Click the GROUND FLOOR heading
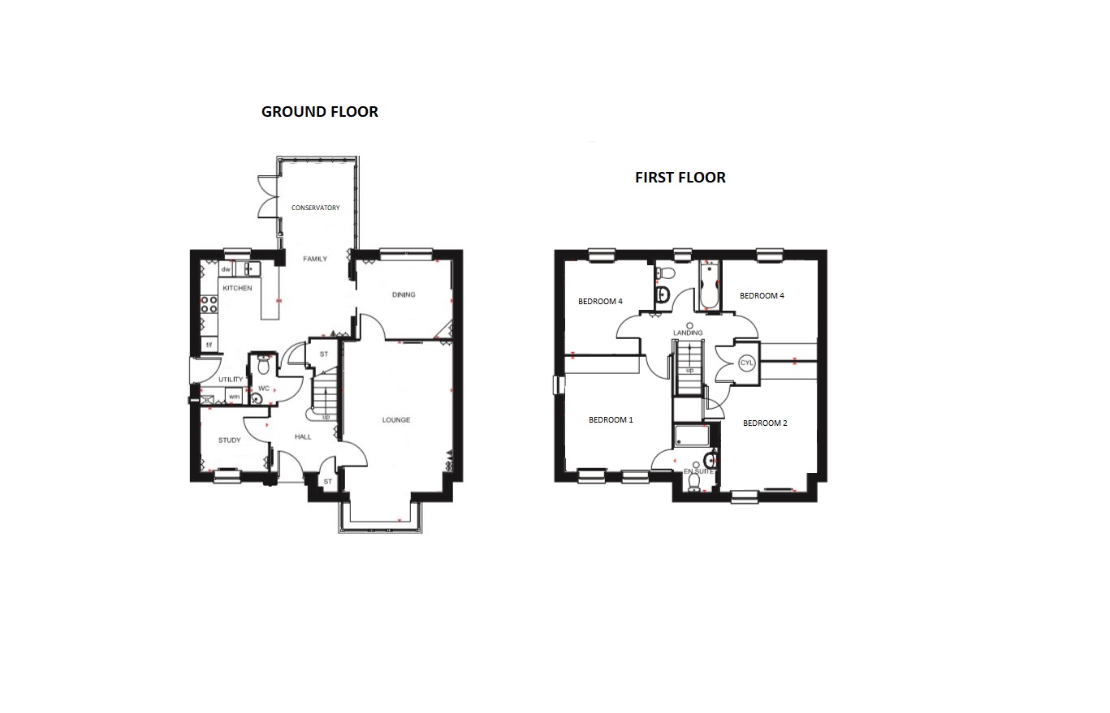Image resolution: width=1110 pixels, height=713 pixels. tap(320, 112)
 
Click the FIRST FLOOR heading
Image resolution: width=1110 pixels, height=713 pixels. tap(680, 178)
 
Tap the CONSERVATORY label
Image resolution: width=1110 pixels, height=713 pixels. tap(316, 208)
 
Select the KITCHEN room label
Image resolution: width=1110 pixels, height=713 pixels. tap(237, 288)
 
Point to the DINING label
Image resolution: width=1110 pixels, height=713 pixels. tap(404, 294)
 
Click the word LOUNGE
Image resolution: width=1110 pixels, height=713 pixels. tap(396, 420)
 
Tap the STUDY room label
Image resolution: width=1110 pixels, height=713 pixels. tap(230, 440)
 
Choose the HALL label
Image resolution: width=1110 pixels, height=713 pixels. tap(303, 436)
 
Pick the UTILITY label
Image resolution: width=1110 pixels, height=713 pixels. tap(231, 380)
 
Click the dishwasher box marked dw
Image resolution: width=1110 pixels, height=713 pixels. tap(226, 269)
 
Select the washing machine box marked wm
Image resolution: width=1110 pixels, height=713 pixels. tap(234, 397)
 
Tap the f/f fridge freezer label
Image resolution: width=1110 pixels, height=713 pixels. tap(209, 345)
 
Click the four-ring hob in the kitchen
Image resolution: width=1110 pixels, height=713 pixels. tap(209, 304)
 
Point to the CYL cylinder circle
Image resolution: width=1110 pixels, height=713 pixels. tap(746, 363)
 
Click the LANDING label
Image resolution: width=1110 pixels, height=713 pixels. tap(688, 333)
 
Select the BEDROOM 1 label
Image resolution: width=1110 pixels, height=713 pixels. tap(611, 420)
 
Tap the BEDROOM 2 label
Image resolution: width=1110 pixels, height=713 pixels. tap(765, 423)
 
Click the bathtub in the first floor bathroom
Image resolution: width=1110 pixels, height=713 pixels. tap(709, 286)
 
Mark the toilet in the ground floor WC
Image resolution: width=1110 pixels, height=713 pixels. tap(264, 365)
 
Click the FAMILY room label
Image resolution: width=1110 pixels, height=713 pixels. tap(315, 259)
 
